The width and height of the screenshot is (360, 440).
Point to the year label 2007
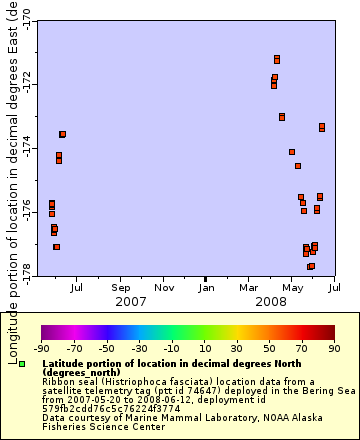tap(131, 301)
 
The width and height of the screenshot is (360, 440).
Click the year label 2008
tap(271, 301)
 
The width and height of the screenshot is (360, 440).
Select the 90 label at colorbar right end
tap(332, 348)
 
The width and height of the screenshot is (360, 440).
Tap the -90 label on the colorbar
tap(41, 348)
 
